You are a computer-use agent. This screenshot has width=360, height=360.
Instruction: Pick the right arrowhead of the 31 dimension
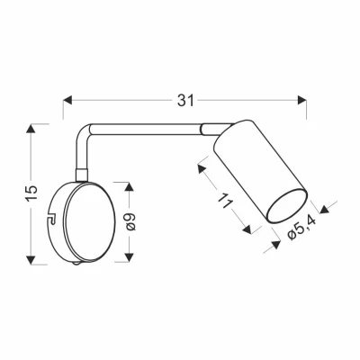tap(303, 100)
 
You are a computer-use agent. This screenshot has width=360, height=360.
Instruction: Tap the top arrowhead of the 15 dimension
tap(32, 129)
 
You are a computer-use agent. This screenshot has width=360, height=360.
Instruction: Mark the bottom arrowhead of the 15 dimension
tap(32, 260)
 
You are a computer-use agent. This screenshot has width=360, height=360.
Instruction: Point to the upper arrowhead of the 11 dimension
tap(196, 168)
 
